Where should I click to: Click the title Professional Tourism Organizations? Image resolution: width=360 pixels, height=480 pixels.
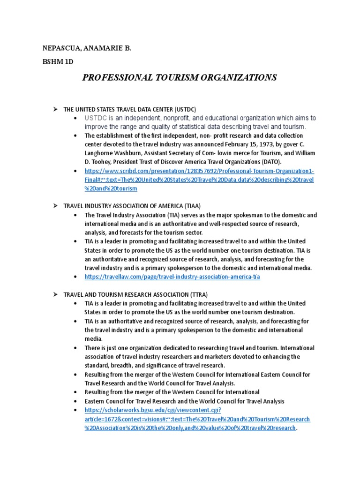(180, 77)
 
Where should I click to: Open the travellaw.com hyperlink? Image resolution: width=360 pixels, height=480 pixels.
(172, 277)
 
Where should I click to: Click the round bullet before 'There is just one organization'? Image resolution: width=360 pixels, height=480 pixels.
(76, 348)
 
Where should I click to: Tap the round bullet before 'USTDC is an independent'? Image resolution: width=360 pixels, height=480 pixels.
(76, 118)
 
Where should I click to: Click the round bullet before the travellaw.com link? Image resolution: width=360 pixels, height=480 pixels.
(76, 277)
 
